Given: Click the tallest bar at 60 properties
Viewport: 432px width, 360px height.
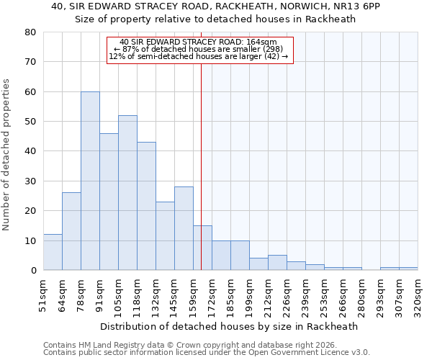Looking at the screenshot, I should [x=90, y=181].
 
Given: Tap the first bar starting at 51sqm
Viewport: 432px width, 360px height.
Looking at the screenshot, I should [x=53, y=252].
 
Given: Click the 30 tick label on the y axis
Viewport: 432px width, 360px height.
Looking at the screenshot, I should [x=30, y=181].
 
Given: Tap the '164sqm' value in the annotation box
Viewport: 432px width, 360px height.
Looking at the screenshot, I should [x=260, y=42].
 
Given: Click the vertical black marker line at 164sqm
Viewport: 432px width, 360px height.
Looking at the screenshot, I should [x=201, y=144].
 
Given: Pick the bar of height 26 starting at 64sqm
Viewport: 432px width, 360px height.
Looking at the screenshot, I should [x=71, y=231].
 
